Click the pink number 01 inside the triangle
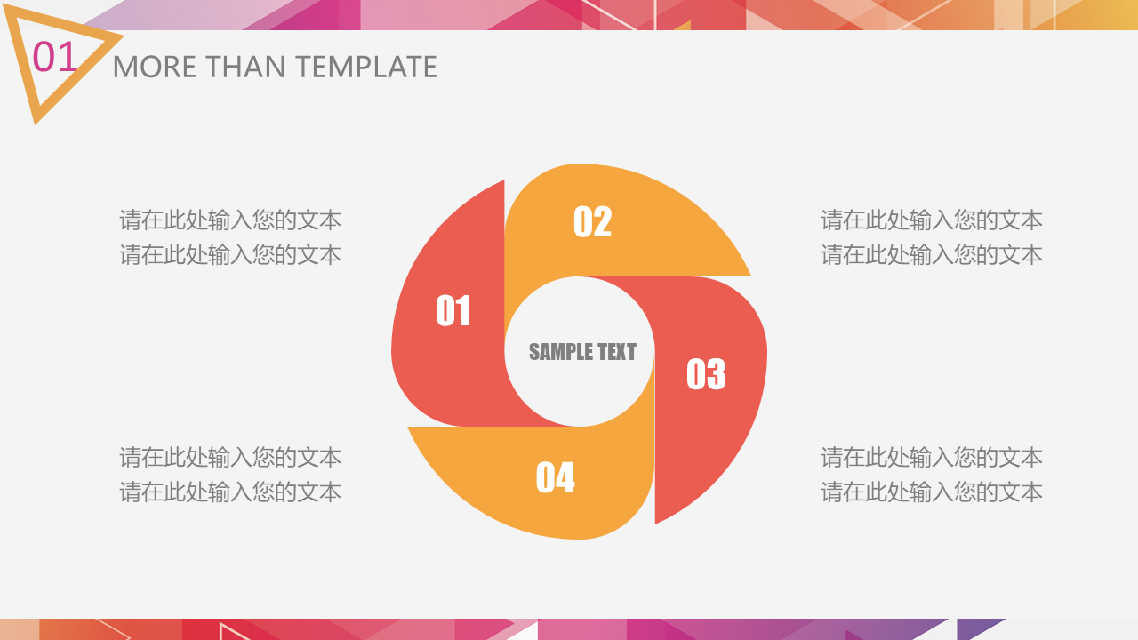click(x=55, y=56)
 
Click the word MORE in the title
click(x=155, y=67)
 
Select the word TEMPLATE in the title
click(x=366, y=67)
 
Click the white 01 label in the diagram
click(x=453, y=310)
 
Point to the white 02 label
click(x=592, y=221)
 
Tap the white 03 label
click(x=706, y=374)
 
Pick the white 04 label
click(x=556, y=477)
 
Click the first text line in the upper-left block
click(x=230, y=220)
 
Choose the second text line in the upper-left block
click(x=230, y=254)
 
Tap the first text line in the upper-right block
click(x=932, y=220)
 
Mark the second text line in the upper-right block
click(x=932, y=254)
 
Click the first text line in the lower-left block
click(x=230, y=457)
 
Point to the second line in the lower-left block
click(x=230, y=492)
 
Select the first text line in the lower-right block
click(x=932, y=457)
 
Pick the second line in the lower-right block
click(x=932, y=492)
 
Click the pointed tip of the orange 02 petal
click(x=750, y=276)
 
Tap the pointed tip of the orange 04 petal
click(x=408, y=428)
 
